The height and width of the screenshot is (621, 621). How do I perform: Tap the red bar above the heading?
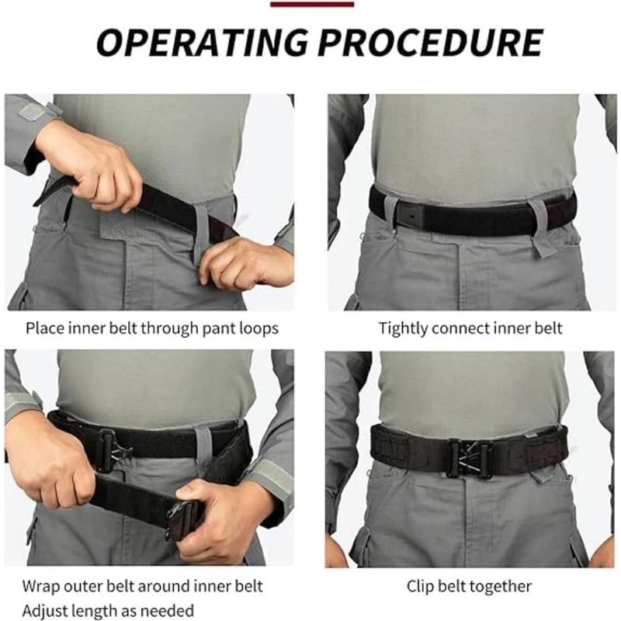(x=312, y=4)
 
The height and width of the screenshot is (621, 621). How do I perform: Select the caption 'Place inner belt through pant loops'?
(x=152, y=328)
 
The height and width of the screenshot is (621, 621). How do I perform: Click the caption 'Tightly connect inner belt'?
(x=470, y=328)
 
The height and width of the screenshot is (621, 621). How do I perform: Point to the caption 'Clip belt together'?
(x=469, y=586)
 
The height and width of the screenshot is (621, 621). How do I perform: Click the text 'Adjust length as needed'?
(x=108, y=610)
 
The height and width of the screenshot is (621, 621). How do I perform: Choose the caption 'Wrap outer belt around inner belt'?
(x=143, y=586)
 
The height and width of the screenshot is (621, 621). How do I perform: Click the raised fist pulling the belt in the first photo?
(x=101, y=167)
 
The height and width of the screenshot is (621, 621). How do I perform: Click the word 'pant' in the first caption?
(x=210, y=329)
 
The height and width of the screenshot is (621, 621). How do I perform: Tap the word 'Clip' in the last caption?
(x=423, y=586)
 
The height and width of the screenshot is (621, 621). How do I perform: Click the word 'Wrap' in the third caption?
(x=42, y=586)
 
